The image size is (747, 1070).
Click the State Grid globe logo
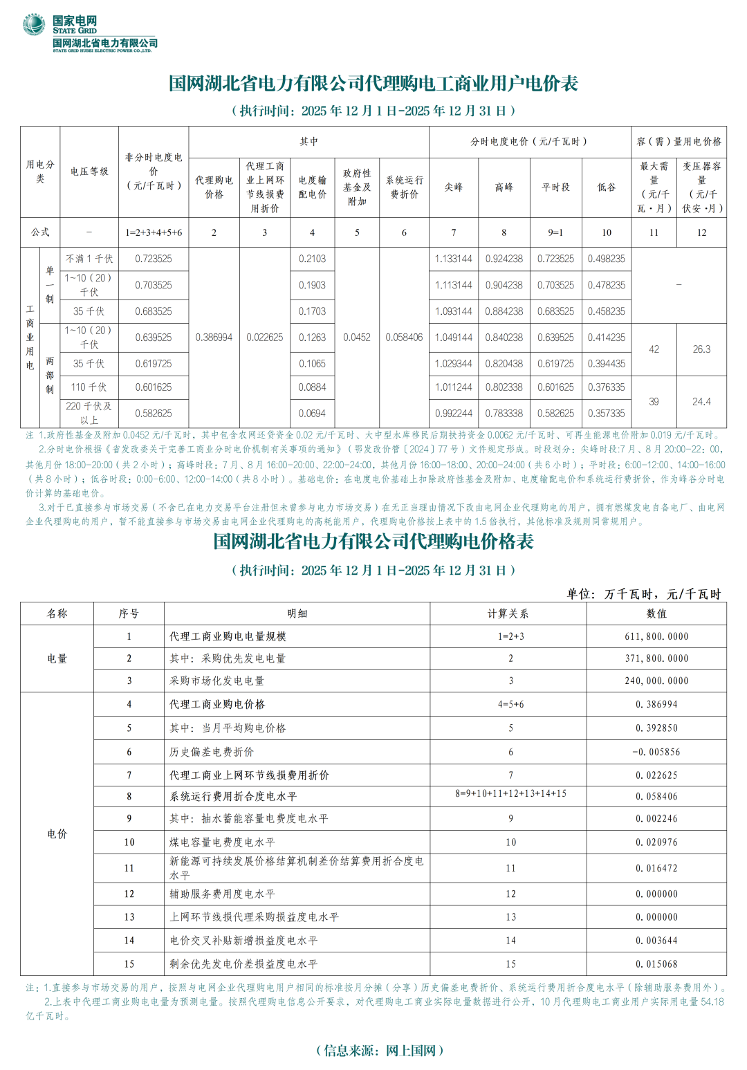[x=33, y=25]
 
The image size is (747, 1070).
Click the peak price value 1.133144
[x=453, y=259]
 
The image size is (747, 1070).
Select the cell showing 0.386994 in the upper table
[x=214, y=338]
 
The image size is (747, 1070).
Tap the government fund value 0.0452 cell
[x=357, y=338]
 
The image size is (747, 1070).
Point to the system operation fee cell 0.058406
[x=404, y=338]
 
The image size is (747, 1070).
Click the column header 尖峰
[x=453, y=187]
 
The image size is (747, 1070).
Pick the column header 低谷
[x=606, y=187]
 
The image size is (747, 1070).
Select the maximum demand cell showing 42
[x=654, y=349]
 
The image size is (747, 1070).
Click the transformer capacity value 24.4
[x=701, y=401]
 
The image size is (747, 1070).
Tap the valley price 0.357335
[x=606, y=414]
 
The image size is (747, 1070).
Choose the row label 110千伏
[x=89, y=387]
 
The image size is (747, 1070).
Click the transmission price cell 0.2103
[x=312, y=259]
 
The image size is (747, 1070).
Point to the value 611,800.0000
[x=656, y=636]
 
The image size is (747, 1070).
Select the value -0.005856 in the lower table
[x=656, y=752]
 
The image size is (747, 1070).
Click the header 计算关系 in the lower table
[x=508, y=614]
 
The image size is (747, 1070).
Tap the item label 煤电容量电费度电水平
[x=222, y=842]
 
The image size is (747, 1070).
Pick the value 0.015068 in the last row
[x=656, y=963]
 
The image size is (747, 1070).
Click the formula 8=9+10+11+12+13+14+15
[x=510, y=793]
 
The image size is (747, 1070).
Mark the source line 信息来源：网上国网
[x=379, y=1050]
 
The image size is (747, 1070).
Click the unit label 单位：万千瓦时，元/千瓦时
[x=644, y=594]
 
